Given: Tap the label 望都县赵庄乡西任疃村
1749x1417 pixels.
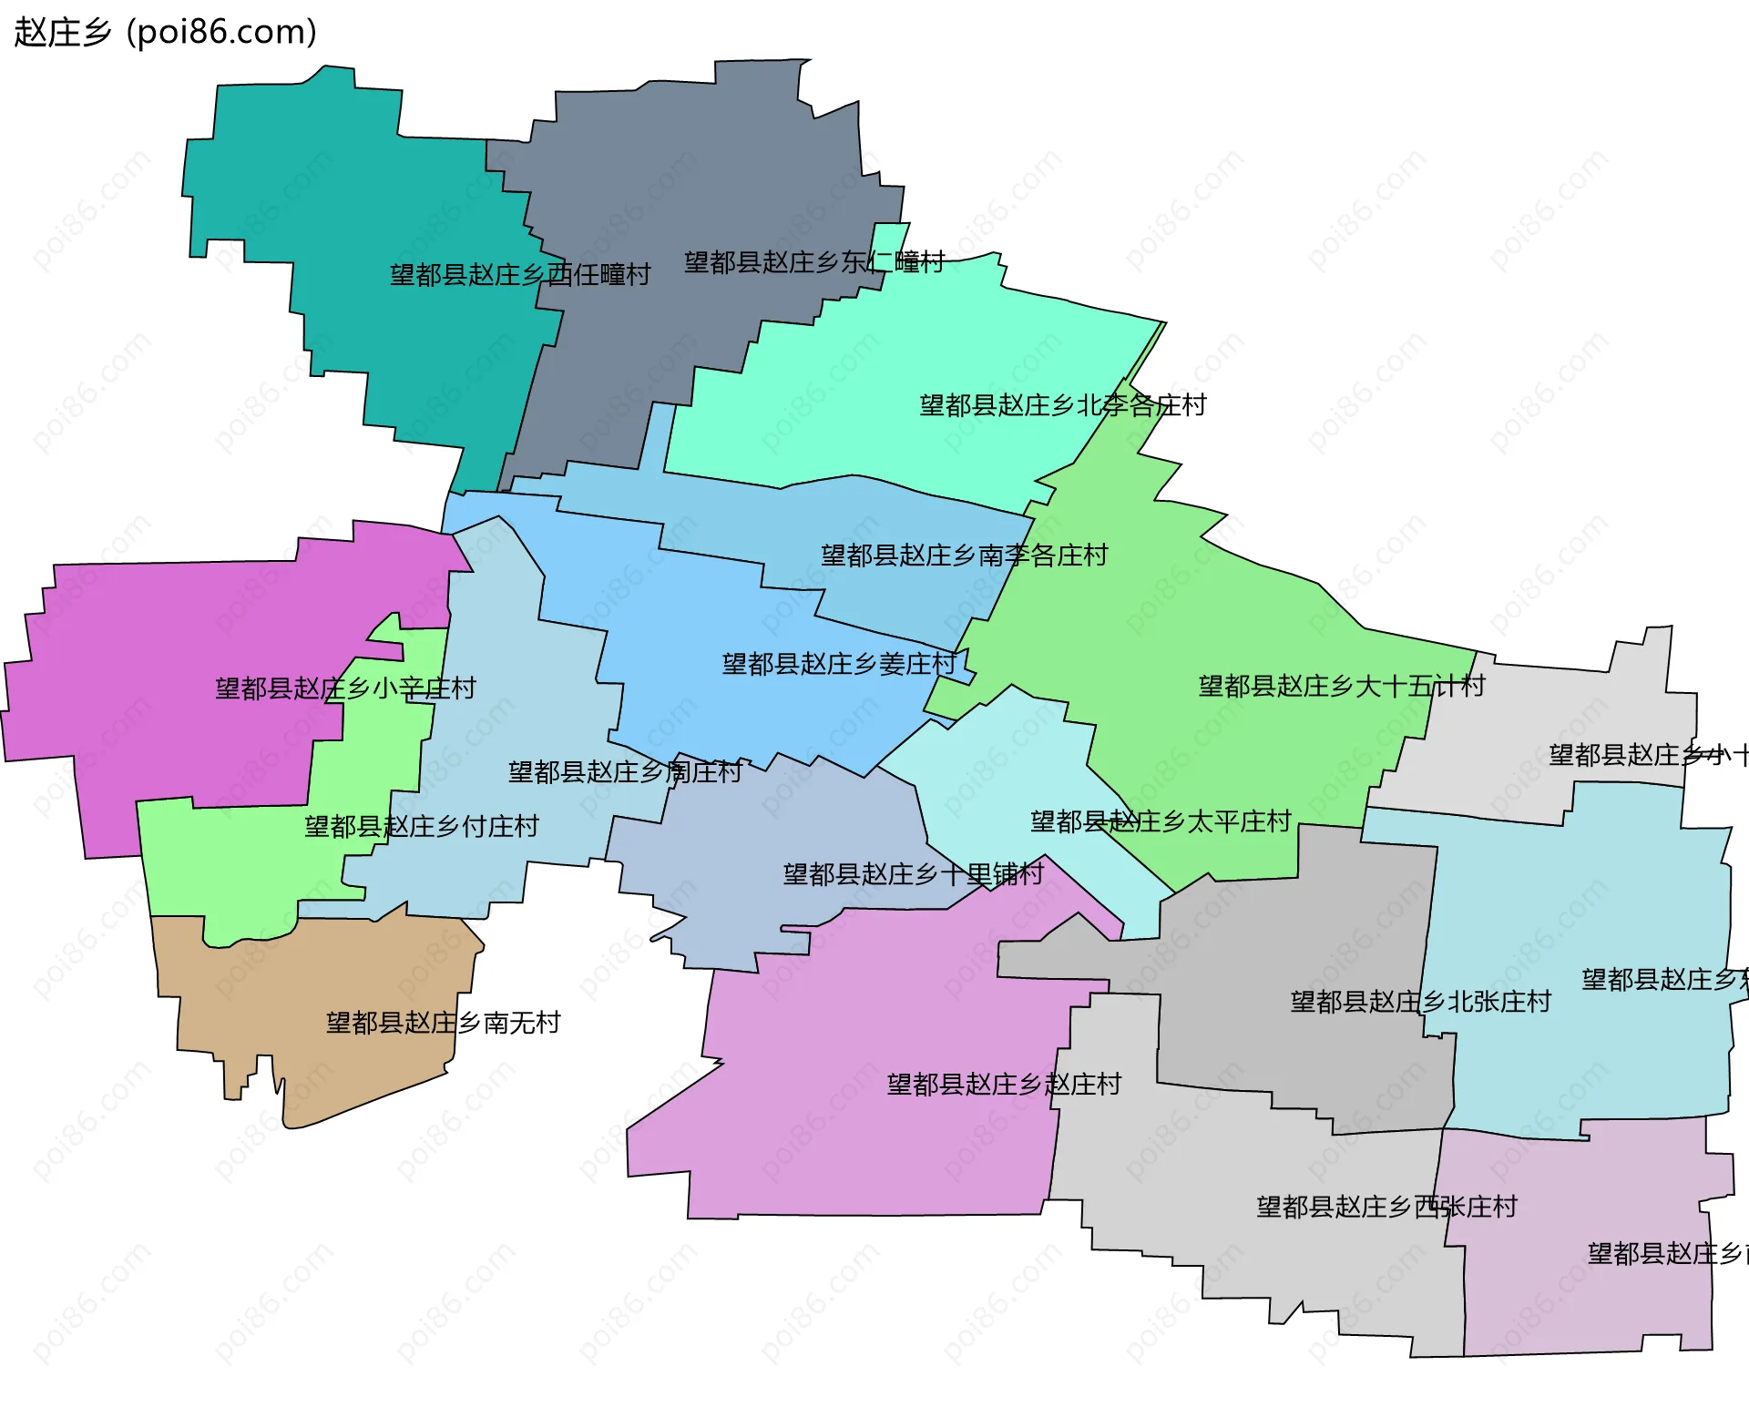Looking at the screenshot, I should pyautogui.click(x=520, y=274).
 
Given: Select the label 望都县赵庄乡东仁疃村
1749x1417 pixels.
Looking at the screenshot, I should pyautogui.click(x=814, y=262).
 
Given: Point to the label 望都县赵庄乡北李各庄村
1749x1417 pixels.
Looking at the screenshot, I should pyautogui.click(x=1063, y=404).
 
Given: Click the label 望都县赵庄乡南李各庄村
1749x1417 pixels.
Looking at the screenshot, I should pyautogui.click(x=964, y=555).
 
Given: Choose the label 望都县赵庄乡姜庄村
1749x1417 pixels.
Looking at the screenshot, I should pyautogui.click(x=839, y=663).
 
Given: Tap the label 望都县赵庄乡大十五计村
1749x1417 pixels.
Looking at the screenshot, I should pyautogui.click(x=1342, y=686).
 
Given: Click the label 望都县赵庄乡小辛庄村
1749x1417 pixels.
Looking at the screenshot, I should pyautogui.click(x=345, y=688).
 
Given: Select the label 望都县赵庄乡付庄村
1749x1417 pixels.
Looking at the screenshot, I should pyautogui.click(x=422, y=826).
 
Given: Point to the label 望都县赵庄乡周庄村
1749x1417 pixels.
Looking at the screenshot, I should pyautogui.click(x=625, y=772).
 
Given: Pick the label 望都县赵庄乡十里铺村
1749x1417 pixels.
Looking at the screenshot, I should pyautogui.click(x=913, y=874).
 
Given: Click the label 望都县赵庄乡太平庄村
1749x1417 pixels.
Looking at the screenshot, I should pyautogui.click(x=1161, y=821).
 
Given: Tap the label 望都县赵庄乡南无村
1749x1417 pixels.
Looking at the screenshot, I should pyautogui.click(x=443, y=1023).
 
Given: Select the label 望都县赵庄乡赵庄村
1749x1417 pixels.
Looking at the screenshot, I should pyautogui.click(x=1004, y=1084).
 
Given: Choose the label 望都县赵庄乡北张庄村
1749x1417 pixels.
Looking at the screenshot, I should pyautogui.click(x=1420, y=1002).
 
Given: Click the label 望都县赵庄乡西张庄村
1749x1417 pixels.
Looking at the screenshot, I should pyautogui.click(x=1386, y=1207).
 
